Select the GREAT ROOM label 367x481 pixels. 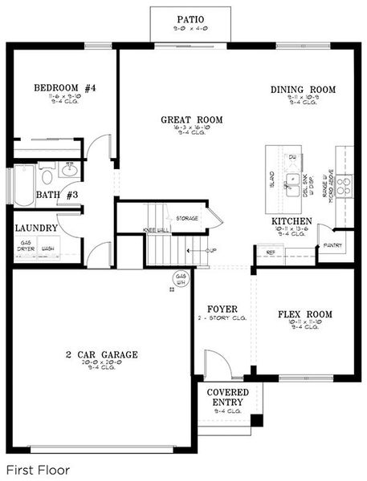tap(191, 120)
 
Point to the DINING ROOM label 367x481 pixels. tap(303, 90)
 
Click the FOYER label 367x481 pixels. tap(221, 309)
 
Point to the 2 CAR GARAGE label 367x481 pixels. tap(102, 354)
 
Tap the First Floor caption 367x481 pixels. tap(38, 469)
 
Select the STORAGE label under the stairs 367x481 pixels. tap(187, 218)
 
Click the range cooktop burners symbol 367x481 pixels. tap(344, 186)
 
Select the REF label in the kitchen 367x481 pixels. tap(270, 252)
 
